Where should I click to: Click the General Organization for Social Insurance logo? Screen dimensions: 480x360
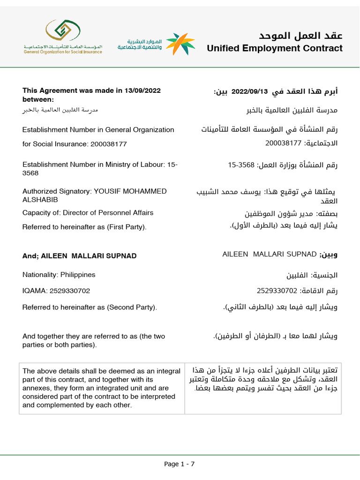pos(63,37)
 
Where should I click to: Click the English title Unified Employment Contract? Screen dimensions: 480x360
pos(274,48)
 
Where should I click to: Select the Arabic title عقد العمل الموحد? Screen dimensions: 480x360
pos(300,36)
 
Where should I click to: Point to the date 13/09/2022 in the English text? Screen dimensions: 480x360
pos(140,91)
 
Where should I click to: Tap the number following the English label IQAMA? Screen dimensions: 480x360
pos(67,291)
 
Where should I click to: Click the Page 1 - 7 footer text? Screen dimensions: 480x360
pos(179,464)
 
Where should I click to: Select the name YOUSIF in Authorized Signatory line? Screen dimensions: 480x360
pos(107,191)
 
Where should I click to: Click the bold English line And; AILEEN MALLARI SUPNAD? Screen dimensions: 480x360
pos(80,256)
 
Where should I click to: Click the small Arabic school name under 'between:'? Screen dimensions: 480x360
pos(60,110)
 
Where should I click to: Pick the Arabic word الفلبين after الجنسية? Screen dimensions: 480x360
pos(298,275)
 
